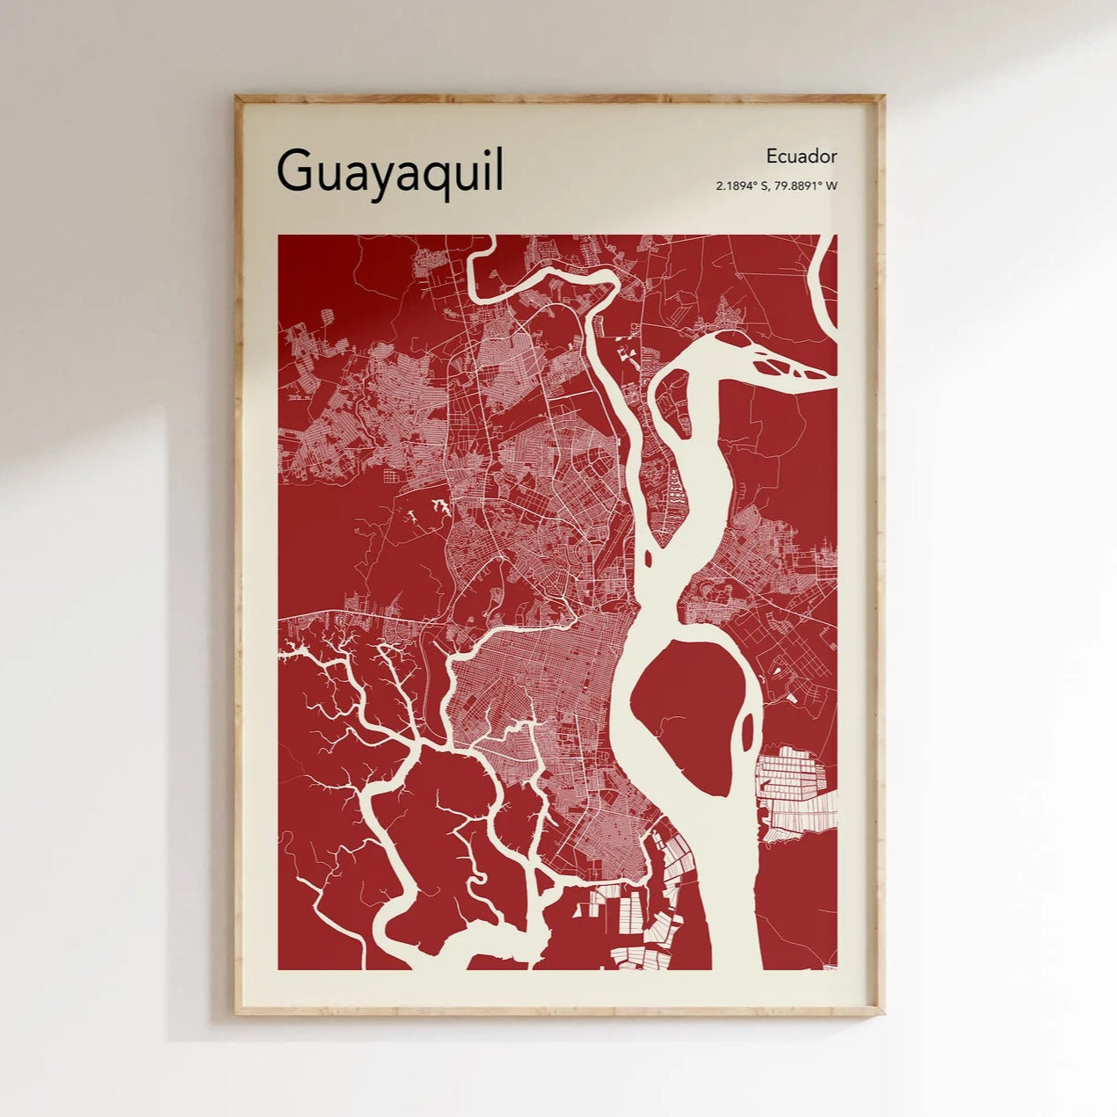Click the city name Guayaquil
(x=390, y=171)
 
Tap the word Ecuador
(x=801, y=156)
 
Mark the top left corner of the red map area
(x=279, y=236)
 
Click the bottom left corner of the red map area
(x=279, y=968)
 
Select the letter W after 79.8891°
(x=831, y=185)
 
